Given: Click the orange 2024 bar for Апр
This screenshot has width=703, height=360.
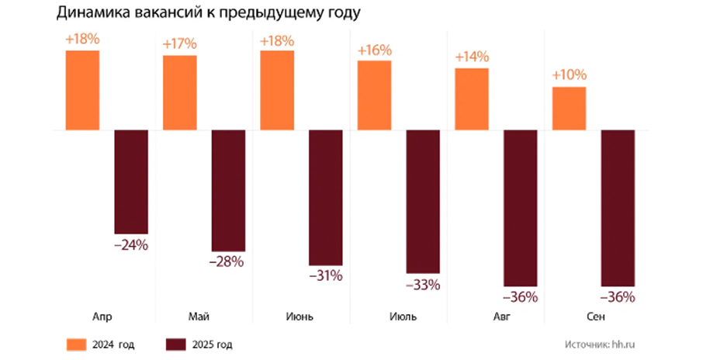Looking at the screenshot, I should point(83,90).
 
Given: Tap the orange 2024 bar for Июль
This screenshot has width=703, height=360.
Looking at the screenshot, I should point(374,95).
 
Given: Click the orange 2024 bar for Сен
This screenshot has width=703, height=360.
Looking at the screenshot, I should point(570,108).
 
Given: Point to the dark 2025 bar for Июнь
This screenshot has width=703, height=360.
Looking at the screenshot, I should point(326,198).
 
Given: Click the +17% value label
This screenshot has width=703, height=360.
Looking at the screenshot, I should point(179,44).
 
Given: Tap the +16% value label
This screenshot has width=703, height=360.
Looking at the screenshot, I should point(374,50).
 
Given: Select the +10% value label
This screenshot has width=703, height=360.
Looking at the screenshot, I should point(570,76).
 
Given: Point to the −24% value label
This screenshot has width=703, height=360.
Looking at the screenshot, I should point(130,245).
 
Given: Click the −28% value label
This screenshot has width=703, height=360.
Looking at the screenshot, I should point(228,262).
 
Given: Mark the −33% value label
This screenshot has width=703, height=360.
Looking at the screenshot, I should point(423,285).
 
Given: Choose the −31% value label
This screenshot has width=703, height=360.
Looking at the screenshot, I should point(326,276).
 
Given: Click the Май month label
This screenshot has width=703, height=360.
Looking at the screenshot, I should point(197,317).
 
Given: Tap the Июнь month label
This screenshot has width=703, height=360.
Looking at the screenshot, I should point(294,317).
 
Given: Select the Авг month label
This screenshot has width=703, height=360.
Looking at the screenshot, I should point(490,317).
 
